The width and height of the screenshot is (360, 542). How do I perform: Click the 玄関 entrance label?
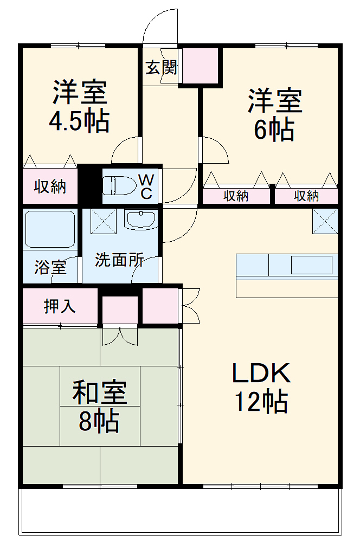pos(161,68)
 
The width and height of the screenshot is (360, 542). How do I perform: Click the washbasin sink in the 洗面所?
pos(140,220)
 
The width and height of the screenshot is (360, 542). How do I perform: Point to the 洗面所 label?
pos(119,260)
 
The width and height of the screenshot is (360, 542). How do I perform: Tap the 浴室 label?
pos(50,267)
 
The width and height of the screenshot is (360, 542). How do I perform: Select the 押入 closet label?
pos(60,306)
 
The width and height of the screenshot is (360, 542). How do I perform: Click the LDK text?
pos(262,373)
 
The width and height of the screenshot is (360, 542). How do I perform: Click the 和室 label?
pos(100,393)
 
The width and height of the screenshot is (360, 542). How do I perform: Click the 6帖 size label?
pos(275,130)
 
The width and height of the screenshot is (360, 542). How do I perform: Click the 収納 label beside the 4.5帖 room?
pos(50,187)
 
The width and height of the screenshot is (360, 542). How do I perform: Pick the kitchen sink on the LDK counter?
pos(311,265)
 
